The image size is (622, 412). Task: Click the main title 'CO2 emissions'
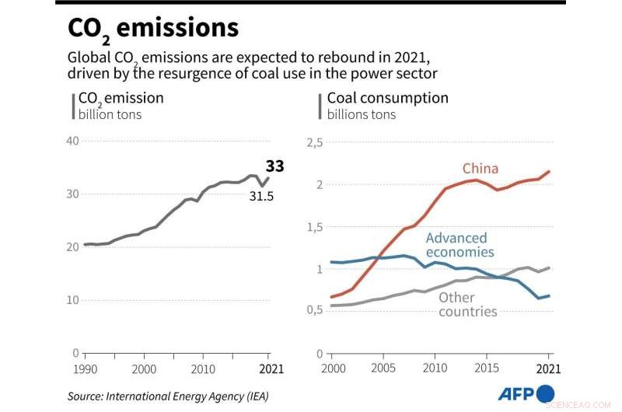[153, 29]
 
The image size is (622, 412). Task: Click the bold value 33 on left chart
[274, 166]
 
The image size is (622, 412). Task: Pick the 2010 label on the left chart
[204, 368]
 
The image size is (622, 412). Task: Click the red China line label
[480, 169]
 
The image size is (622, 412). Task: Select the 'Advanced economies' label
[460, 245]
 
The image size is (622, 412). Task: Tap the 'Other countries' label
[467, 304]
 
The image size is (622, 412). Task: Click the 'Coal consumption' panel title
[387, 98]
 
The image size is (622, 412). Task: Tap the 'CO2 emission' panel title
[121, 98]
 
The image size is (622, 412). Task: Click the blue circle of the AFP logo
[546, 393]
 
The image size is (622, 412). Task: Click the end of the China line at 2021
[549, 171]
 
